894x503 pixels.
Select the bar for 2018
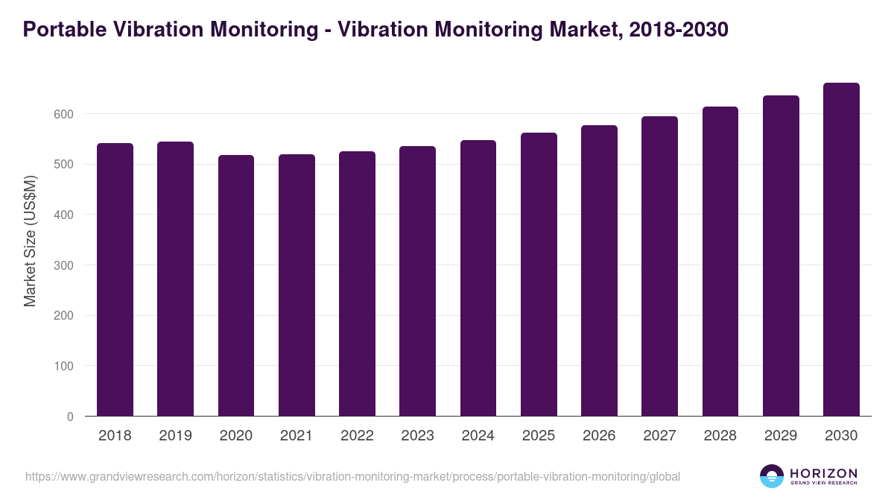coord(115,279)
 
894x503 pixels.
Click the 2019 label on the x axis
coord(175,436)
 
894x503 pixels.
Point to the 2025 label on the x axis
coord(539,436)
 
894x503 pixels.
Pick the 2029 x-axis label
coord(781,436)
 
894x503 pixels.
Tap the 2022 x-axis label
coord(357,436)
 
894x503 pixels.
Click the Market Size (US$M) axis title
coord(30,240)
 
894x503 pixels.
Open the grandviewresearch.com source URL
coord(352,476)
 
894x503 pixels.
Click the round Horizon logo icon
coord(772,476)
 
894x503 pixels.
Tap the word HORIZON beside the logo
coord(823,472)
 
